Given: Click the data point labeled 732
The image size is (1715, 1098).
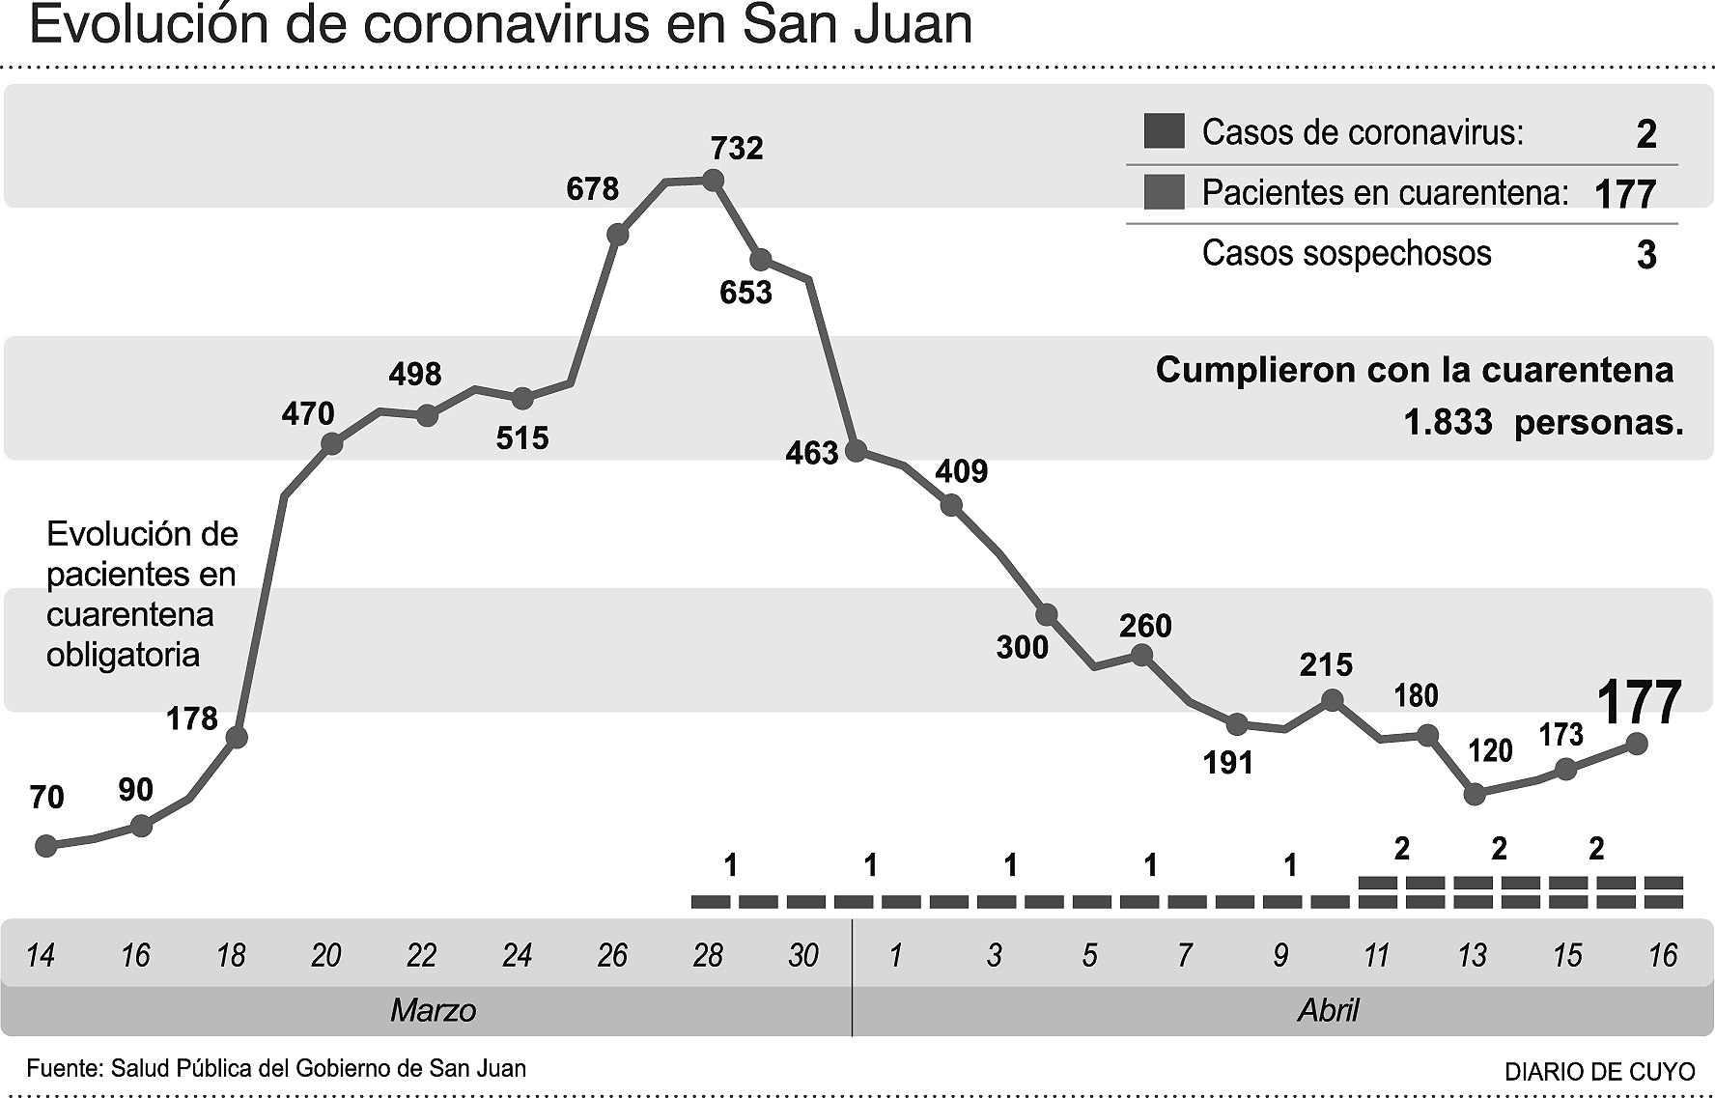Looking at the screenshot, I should coord(713,180).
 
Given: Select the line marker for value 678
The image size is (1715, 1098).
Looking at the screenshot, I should coord(618,235).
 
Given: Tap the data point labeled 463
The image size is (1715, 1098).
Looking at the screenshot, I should coord(856,450).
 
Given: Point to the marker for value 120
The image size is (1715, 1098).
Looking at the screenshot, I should coord(1475,794).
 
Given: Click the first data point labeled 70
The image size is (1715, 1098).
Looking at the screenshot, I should coord(45,846).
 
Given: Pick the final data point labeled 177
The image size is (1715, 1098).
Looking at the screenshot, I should coord(1637,743).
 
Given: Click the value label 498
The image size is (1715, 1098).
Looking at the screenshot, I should coord(415,374).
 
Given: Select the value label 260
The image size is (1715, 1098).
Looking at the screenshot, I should coord(1145,626).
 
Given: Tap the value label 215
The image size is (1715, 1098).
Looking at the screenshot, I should coord(1326,664).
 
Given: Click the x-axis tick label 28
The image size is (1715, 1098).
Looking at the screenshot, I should coord(708,955).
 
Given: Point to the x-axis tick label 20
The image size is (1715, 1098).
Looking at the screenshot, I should coord(326,955).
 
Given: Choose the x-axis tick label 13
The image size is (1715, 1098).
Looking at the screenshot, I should coord(1472,955).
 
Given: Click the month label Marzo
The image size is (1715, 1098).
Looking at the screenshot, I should coord(433,1011).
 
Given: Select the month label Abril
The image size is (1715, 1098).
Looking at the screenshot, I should coord(1328,1011).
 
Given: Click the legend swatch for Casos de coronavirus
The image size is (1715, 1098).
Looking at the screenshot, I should coord(1164,131).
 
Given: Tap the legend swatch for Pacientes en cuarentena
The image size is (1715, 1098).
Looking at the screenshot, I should coord(1164,192).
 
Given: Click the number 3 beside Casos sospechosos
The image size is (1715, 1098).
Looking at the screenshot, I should coord(1646,255).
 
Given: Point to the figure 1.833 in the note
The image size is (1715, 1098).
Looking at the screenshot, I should coord(1448,422).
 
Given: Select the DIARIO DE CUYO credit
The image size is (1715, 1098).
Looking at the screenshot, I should coord(1599,1071).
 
